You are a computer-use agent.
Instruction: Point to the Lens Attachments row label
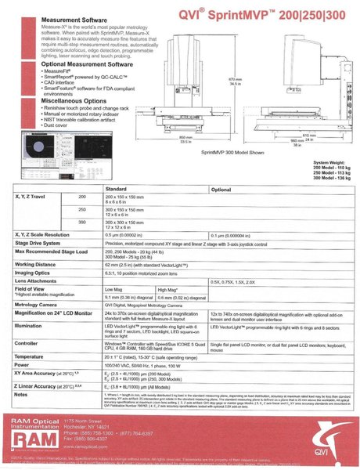(45, 280)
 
